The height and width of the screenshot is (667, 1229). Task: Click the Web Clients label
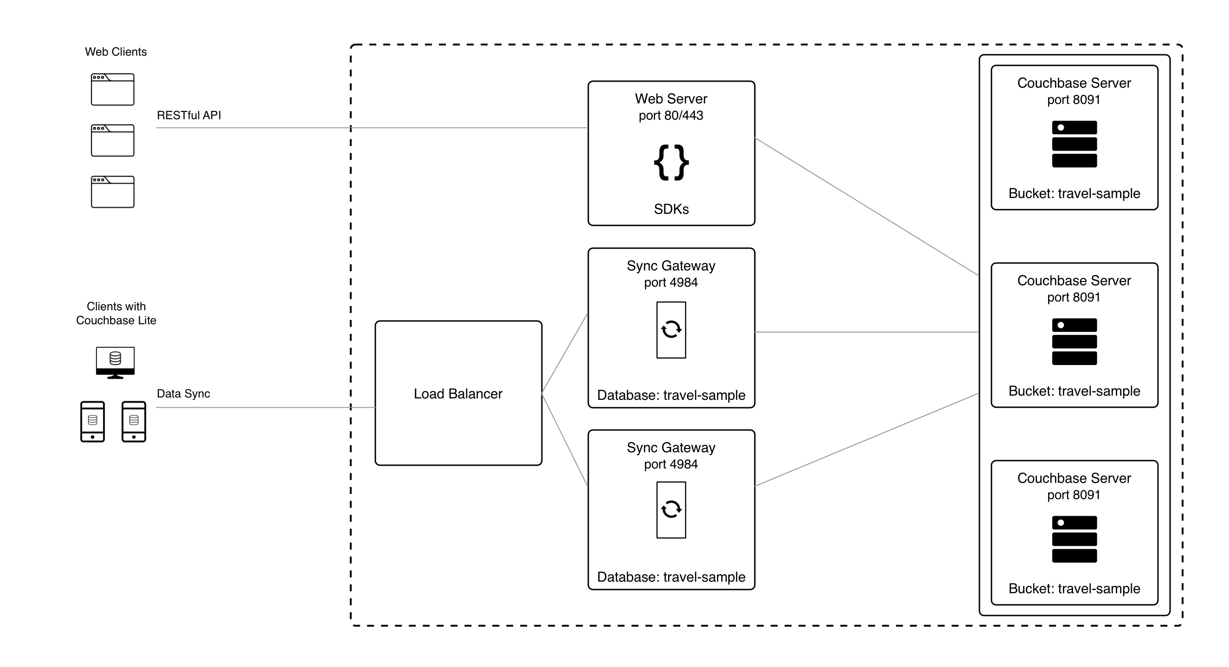coord(116,51)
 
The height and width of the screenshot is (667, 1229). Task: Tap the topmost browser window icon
coord(113,89)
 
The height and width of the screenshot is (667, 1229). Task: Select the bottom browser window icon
coord(113,192)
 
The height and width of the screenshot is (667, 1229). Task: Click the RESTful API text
coord(188,115)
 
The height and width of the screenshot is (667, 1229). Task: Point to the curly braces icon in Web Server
coord(671,163)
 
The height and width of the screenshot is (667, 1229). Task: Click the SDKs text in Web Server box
coord(671,209)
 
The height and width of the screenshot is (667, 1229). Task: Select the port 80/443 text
coord(671,115)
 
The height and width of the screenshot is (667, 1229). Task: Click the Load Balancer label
coord(458,394)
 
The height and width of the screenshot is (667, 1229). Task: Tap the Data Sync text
coord(183,394)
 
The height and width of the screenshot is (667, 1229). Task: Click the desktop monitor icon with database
coord(115,362)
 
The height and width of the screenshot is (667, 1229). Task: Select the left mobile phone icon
coord(92,422)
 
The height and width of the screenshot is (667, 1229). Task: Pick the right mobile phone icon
coord(134,422)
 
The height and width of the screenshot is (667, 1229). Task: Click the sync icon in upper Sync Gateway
coord(671,330)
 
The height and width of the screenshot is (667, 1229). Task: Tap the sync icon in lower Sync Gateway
coord(671,510)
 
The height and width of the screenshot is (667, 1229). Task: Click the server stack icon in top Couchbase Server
coord(1074,144)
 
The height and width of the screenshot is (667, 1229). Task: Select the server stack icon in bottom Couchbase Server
coord(1074,539)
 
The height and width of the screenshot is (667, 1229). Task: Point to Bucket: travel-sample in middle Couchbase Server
coord(1074,391)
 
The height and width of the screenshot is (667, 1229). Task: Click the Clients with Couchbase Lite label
coord(116,314)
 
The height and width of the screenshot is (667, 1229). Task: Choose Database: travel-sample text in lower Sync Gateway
coord(671,577)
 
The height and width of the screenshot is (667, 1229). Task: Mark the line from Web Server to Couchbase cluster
coord(866,206)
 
